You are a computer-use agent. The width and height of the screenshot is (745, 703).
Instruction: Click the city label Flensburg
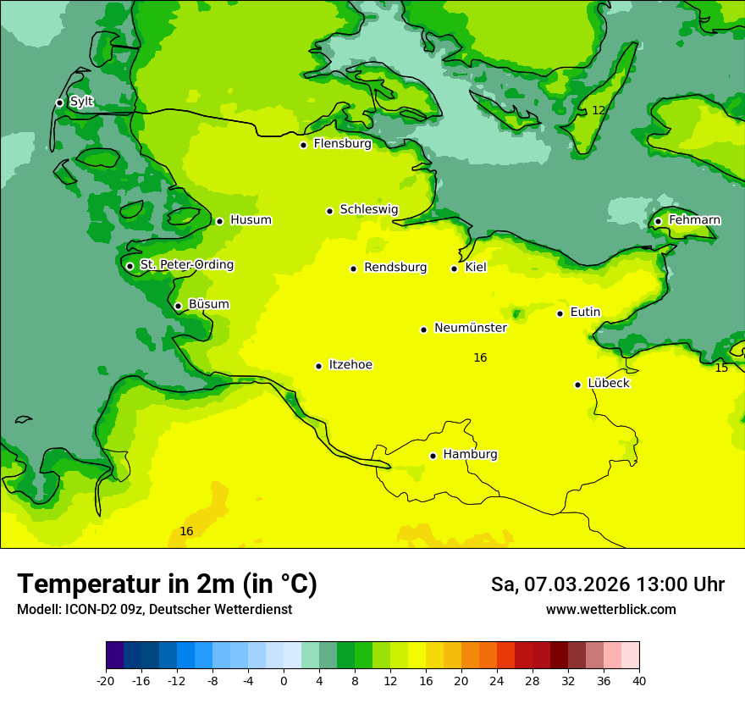342,144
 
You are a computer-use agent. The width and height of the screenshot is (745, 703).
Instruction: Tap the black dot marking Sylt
59,102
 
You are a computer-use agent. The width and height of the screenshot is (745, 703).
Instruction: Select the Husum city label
251,220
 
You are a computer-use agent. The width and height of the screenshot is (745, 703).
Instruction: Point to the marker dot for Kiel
454,268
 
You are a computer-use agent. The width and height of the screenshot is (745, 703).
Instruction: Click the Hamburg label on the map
470,455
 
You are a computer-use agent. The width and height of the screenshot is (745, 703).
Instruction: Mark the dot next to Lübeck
578,384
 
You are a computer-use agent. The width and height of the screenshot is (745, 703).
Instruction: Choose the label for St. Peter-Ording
186,265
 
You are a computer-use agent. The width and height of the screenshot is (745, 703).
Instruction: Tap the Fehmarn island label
694,220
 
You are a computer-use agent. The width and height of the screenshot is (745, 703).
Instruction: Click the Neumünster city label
470,328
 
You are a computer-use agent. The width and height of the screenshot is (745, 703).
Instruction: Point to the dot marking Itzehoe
318,366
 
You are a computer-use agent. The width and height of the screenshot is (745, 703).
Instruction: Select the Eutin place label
585,313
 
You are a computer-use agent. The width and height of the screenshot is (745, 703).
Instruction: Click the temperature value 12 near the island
599,111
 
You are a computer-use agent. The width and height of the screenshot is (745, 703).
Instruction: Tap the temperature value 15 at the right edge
721,368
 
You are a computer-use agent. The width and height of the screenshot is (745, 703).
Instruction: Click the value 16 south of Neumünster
480,358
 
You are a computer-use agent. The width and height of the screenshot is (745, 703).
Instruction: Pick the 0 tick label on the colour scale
284,681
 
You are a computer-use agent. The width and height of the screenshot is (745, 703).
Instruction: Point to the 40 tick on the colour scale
638,681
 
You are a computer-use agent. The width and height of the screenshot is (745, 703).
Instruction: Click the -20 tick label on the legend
106,681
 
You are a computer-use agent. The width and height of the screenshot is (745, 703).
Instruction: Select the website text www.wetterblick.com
610,610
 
